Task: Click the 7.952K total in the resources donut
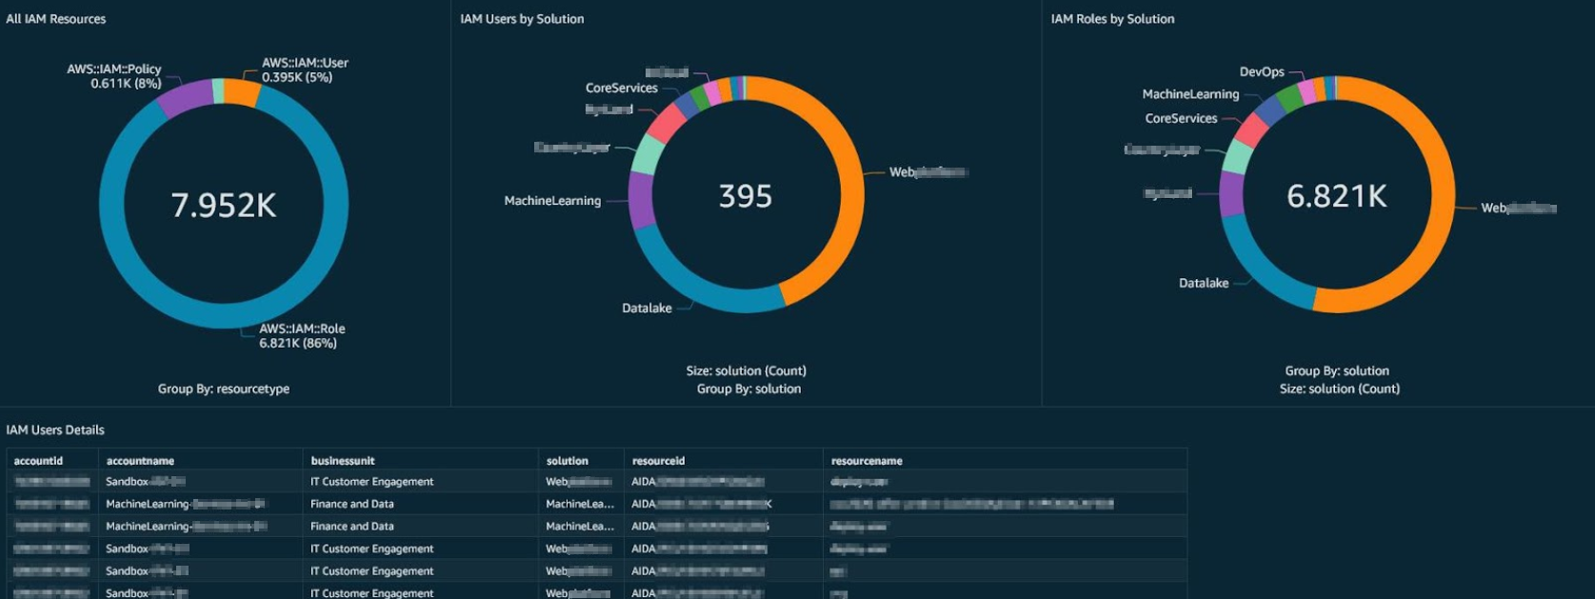click(x=224, y=205)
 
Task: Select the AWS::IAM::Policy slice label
click(x=114, y=76)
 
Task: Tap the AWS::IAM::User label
click(x=305, y=70)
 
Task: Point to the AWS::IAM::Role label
click(x=302, y=335)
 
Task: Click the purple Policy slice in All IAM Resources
click(x=185, y=98)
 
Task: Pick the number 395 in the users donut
click(x=745, y=196)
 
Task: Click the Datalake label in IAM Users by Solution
click(x=647, y=308)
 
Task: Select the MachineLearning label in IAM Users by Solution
click(x=552, y=200)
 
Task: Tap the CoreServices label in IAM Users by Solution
click(x=621, y=88)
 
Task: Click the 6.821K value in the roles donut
click(x=1337, y=196)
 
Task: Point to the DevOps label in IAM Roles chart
click(x=1262, y=71)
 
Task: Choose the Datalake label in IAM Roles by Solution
click(x=1204, y=283)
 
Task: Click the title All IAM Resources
click(x=56, y=19)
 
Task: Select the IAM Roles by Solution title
click(x=1112, y=19)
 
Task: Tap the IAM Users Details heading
click(x=55, y=429)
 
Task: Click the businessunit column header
click(x=343, y=461)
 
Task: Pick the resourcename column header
click(x=867, y=461)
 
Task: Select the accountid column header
click(x=38, y=461)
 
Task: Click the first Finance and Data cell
click(x=351, y=504)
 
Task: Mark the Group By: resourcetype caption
click(x=224, y=389)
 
